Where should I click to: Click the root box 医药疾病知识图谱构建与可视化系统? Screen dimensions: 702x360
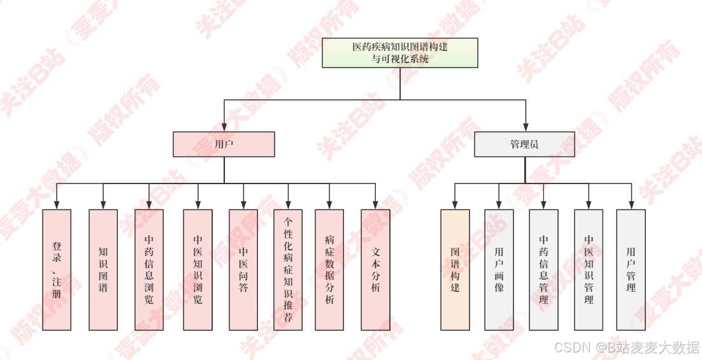click(x=400, y=53)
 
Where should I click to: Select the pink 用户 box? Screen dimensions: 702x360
click(x=224, y=144)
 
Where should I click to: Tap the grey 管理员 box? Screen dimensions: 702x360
click(x=524, y=144)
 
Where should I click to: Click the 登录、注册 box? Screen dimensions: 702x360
click(x=57, y=270)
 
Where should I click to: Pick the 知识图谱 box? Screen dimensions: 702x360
click(x=103, y=270)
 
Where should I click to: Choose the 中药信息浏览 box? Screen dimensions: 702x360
click(x=149, y=270)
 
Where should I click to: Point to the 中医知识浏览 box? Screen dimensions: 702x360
click(x=197, y=270)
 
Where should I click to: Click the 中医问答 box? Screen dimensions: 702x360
click(x=243, y=270)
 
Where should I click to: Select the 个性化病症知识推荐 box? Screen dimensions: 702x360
click(x=288, y=270)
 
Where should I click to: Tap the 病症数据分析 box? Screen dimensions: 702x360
click(x=329, y=270)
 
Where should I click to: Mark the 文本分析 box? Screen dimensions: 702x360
click(x=375, y=270)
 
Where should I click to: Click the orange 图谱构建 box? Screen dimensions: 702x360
click(x=455, y=270)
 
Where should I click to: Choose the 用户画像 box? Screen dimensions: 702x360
click(x=499, y=270)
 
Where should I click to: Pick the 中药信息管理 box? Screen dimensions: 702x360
click(x=543, y=270)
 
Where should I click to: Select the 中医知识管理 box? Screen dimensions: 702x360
click(x=589, y=270)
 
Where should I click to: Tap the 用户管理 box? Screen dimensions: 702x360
click(x=631, y=270)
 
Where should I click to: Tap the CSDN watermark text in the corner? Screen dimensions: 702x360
click(x=627, y=348)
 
